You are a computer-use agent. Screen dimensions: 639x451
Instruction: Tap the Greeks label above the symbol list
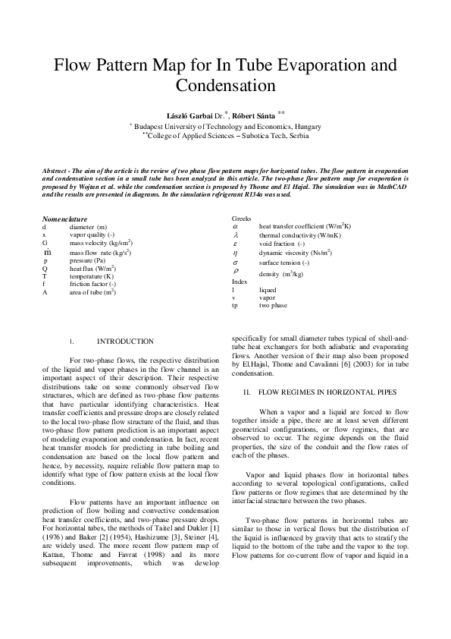[x=241, y=218]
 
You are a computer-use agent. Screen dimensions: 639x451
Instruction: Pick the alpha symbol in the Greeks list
[x=236, y=226]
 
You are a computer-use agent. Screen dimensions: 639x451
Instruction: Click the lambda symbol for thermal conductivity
[x=236, y=235]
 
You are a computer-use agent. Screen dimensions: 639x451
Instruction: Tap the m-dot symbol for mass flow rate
[x=47, y=251]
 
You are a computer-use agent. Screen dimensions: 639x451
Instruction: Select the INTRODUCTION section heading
[x=125, y=342]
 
